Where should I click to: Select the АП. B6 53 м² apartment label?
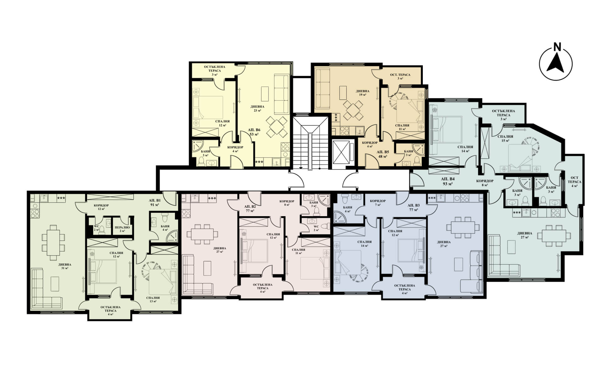point(254,132)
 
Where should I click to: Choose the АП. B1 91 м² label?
point(155,202)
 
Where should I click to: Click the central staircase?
point(310,144)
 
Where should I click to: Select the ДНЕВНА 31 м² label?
point(64,266)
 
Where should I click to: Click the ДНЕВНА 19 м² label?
point(363,93)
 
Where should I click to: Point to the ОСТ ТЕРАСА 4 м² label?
point(575,182)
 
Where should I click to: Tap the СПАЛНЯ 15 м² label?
point(506,138)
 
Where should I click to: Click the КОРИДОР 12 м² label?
point(101,207)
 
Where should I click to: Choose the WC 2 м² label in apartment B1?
point(96,228)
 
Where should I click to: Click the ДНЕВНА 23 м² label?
point(257,109)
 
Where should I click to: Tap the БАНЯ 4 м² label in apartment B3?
point(348,209)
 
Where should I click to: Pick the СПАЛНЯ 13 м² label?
point(153,299)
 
